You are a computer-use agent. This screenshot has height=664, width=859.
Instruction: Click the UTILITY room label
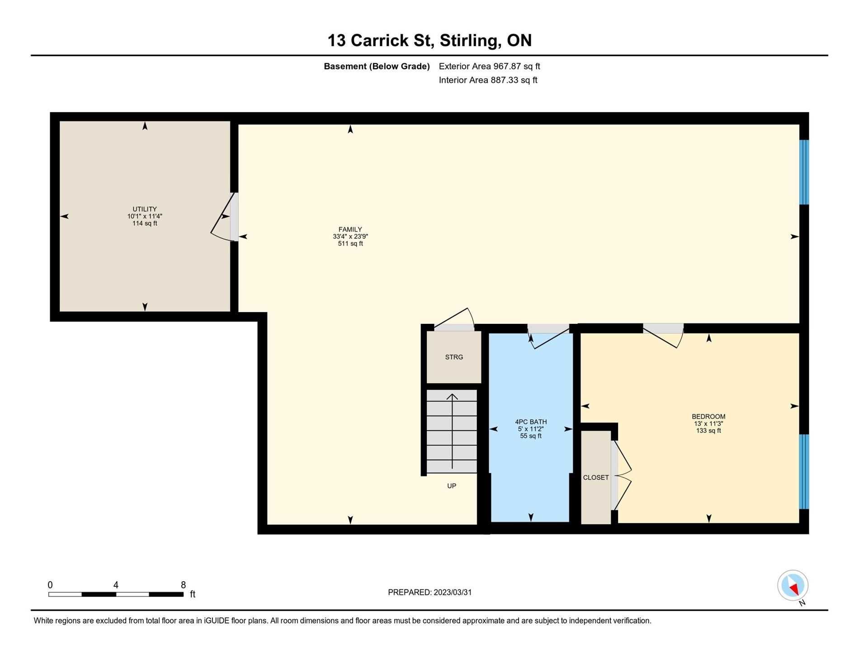[x=145, y=209]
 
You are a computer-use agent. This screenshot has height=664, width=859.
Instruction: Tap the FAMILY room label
[x=350, y=229]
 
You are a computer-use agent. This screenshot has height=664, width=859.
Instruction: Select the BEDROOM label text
[x=708, y=417]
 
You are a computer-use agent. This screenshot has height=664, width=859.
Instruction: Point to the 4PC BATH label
[x=531, y=422]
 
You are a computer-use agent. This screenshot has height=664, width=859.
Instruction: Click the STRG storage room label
[x=454, y=357]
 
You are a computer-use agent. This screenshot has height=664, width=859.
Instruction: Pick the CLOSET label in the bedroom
[x=596, y=478]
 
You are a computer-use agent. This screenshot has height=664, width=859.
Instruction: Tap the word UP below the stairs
[x=452, y=486]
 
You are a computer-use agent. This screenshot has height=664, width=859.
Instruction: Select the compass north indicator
[x=793, y=586]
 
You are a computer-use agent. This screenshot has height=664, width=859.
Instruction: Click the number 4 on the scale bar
[x=116, y=585]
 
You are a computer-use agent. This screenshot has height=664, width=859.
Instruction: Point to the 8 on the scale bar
[x=183, y=585]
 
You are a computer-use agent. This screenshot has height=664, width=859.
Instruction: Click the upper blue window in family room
[x=804, y=172]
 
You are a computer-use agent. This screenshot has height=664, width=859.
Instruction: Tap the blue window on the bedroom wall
[x=804, y=472]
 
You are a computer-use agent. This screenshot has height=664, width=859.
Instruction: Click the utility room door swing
[x=222, y=217]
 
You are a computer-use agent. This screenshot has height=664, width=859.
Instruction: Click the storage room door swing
[x=454, y=319]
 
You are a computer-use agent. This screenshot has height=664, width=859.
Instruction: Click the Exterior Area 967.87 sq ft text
[x=489, y=66]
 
